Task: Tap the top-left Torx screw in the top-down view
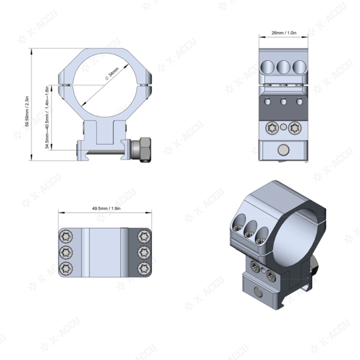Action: coord(66,236)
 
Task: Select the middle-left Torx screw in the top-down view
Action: coord(66,251)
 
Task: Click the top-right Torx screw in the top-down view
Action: coord(143,236)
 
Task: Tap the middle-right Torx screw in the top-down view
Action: coord(143,251)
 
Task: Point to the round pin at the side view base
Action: coord(283,151)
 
